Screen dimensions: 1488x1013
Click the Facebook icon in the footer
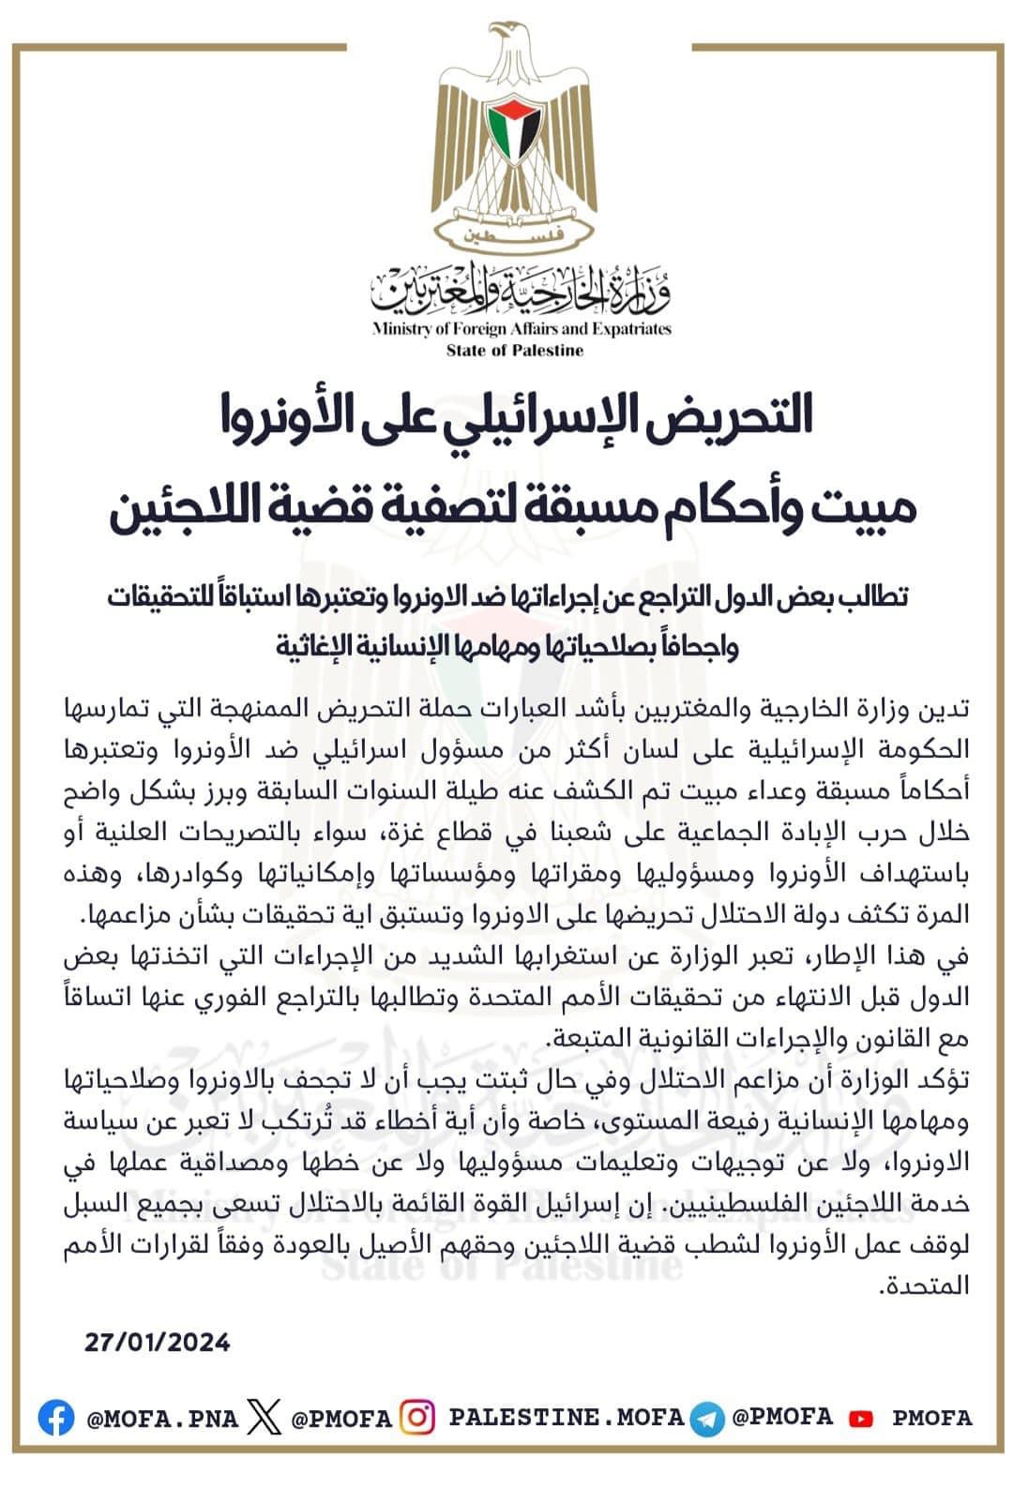[x=57, y=1418]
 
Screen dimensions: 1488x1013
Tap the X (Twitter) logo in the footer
[x=265, y=1418]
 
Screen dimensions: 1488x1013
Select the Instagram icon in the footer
[x=417, y=1417]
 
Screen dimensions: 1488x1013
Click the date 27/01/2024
[x=157, y=1342]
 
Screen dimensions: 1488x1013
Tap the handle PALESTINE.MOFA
[x=567, y=1417]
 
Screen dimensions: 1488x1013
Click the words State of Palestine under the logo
[x=515, y=351]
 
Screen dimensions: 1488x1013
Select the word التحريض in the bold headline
[x=733, y=417]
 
